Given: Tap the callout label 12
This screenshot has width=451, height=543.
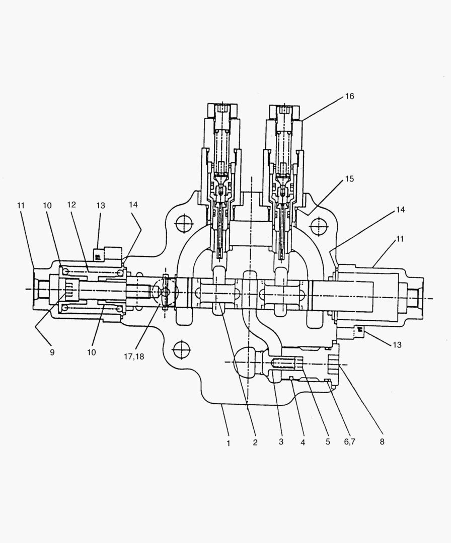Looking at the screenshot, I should pos(71,205).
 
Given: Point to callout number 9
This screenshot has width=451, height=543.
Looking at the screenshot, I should pos(52,352).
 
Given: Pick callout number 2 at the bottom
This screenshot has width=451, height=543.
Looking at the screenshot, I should pos(255,443).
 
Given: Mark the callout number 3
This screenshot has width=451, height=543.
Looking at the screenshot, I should pos(281,443).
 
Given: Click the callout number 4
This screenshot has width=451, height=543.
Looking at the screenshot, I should pos(303,443).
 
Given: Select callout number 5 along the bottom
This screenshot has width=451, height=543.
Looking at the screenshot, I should pos(327,443).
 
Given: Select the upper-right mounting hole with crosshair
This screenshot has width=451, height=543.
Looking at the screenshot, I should pos(319,226).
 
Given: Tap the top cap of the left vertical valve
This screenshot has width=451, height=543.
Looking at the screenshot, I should pos(221,110).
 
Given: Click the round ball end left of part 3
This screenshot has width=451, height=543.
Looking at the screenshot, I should pos(246,363).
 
